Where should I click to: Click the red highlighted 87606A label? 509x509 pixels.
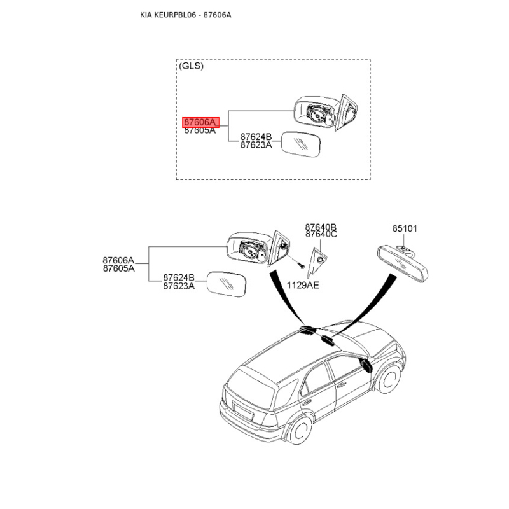coord(200,122)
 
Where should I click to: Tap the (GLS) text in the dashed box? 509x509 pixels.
coord(192,66)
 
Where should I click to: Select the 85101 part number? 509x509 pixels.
coord(405,228)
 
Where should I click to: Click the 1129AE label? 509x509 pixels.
coord(303,285)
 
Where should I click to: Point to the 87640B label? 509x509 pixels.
coord(321,227)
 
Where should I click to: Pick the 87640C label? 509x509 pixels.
coord(321,234)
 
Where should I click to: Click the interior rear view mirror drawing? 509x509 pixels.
coord(403,263)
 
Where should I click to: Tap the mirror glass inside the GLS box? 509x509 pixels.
coord(300,144)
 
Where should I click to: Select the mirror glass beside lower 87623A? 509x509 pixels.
coord(227,284)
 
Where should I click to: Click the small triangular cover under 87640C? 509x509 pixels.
coord(317,263)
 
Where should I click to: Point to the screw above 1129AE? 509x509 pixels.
coord(302,266)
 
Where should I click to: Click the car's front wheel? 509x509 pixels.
coord(389,379)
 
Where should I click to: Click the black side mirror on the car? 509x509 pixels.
coord(366,365)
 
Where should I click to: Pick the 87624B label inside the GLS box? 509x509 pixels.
coord(256,137)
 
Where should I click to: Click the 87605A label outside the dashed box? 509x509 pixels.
coord(118,268)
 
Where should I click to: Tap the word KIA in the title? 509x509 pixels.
coord(146,15)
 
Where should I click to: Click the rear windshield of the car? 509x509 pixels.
coord(249,387)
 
